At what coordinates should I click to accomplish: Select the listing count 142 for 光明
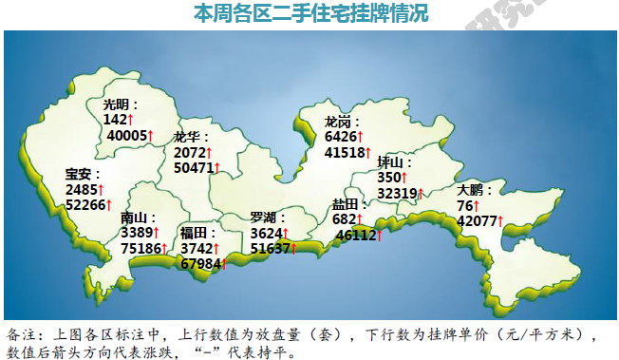point(115,120)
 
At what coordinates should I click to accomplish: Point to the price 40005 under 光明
point(127,136)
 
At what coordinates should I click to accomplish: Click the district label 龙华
point(187,137)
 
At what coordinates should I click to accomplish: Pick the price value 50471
point(193,168)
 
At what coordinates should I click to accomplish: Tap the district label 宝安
point(79,174)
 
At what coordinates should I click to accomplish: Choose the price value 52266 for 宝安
point(84,204)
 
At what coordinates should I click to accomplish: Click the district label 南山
point(135,218)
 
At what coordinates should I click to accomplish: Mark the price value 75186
point(140,249)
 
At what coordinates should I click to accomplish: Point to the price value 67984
point(199,263)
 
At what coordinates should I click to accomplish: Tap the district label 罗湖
point(264,218)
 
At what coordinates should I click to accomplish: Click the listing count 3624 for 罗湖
point(266,233)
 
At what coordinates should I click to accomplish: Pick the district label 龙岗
point(338,122)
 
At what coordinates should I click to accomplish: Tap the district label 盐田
point(346,204)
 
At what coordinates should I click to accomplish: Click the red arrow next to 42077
point(500,221)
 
